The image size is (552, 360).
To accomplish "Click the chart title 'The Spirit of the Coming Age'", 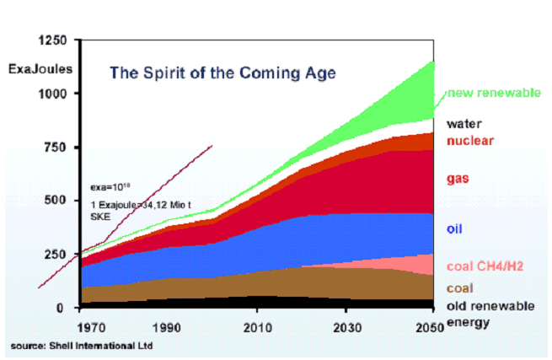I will point(222,73).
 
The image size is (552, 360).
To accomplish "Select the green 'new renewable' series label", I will point(493,93).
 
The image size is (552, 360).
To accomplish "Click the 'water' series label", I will point(464,123).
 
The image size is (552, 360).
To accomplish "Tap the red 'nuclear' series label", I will point(470,140).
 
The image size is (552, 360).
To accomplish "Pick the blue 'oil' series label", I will point(456,228).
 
